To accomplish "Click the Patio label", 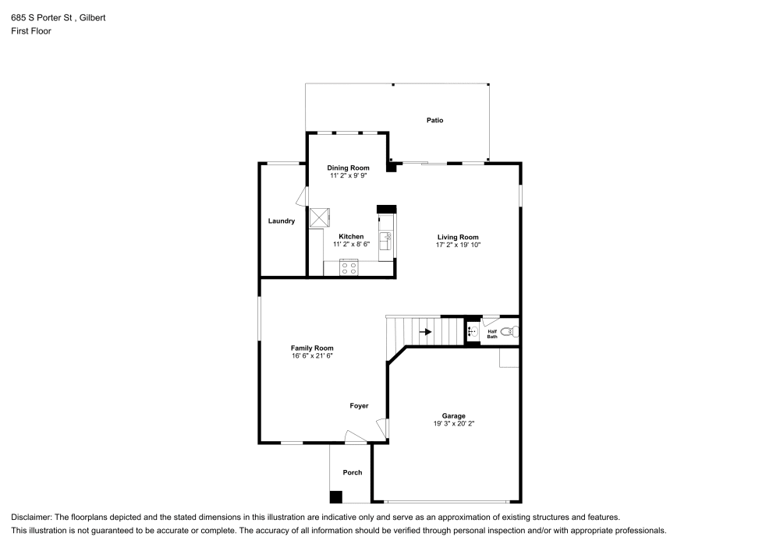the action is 434,120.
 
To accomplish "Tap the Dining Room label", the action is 348,168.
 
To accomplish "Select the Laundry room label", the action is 282,221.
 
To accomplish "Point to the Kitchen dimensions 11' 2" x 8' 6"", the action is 351,245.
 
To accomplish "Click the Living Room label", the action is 458,238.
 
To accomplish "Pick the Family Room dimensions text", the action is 312,355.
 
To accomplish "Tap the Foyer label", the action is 359,406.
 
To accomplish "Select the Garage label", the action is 454,416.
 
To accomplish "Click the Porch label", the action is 353,472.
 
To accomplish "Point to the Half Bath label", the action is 492,334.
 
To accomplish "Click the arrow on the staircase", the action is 425,331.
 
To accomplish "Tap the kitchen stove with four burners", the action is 349,268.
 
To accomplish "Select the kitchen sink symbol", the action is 386,241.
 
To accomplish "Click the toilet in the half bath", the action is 510,332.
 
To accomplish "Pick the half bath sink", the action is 473,332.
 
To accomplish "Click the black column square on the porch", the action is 336,497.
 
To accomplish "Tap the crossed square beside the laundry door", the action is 320,217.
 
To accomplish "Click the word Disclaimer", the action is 30,517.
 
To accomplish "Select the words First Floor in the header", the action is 31,31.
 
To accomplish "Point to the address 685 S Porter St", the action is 42,17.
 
